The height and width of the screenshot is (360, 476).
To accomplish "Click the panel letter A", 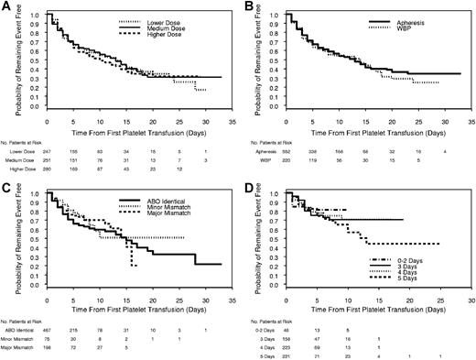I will coord(5,6).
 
